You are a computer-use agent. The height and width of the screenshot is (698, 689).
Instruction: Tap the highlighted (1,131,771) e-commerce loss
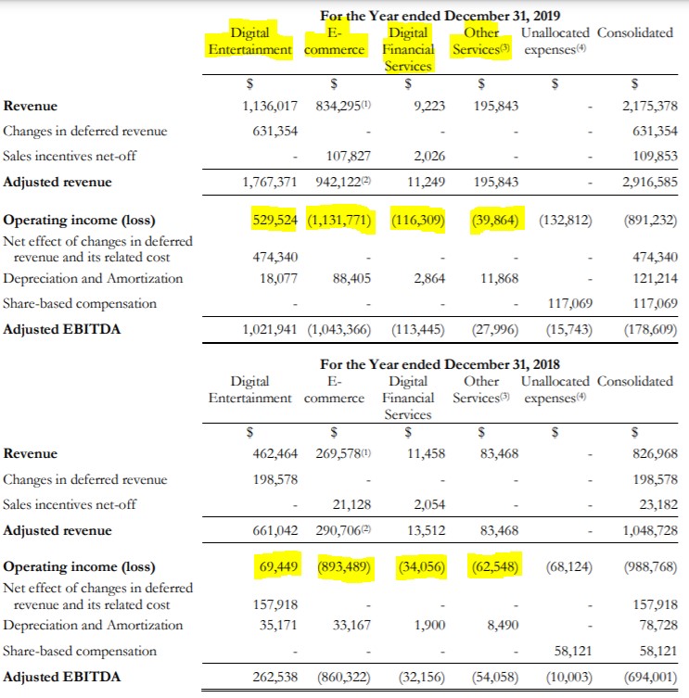[339, 221]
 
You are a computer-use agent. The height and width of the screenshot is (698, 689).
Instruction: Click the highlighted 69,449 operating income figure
[276, 566]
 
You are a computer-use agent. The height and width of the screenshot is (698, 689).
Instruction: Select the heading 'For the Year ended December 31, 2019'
[440, 16]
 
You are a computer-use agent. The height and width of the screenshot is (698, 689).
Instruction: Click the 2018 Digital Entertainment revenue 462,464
[275, 453]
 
